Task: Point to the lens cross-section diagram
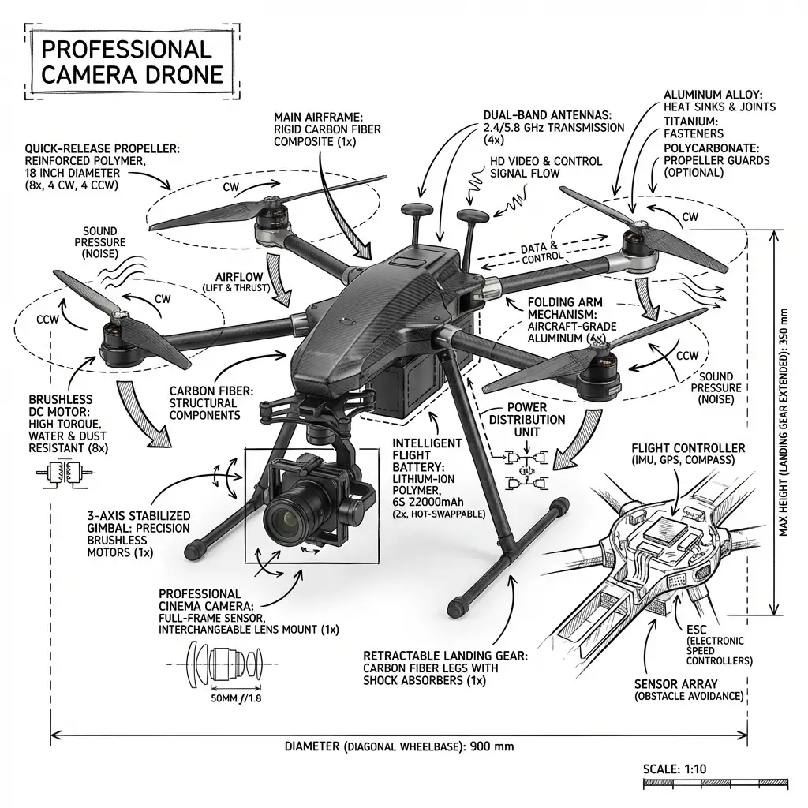[220, 660]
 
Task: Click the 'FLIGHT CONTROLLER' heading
[688, 448]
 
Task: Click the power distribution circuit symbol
[525, 469]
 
